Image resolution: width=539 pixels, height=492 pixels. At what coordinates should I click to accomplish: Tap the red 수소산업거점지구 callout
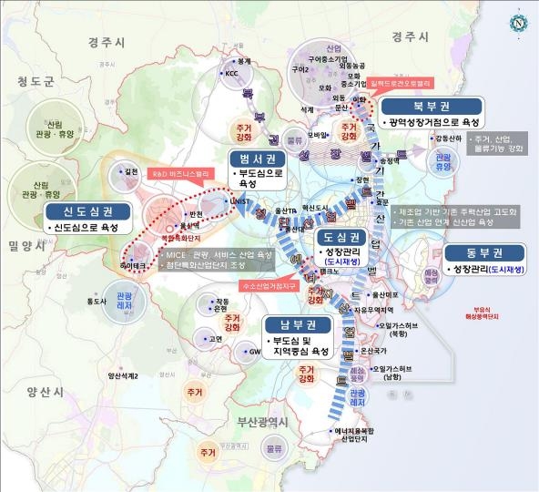pyautogui.click(x=268, y=285)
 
